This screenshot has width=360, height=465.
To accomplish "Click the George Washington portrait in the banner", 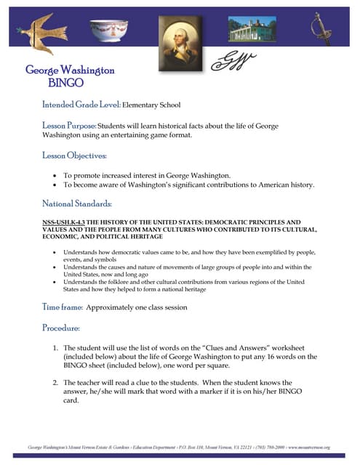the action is (180, 36).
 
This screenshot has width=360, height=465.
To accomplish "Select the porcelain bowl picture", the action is (108, 31).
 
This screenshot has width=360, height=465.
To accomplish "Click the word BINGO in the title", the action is (70, 83).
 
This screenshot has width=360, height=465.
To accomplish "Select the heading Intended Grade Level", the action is (81, 105).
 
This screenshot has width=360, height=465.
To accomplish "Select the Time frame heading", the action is (62, 307).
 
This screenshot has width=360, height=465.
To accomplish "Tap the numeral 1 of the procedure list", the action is (56, 349).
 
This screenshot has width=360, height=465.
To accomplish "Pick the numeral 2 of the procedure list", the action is (56, 382).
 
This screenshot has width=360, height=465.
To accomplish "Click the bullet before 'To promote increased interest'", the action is (56, 176).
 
